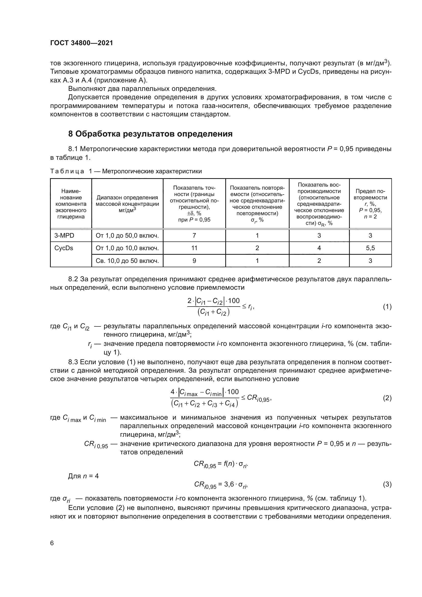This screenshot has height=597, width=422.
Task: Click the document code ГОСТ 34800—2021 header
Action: pyautogui.click(x=82, y=43)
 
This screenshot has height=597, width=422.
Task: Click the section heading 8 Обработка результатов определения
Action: pyautogui.click(x=150, y=134)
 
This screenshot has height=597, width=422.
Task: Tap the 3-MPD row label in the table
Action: pyautogui.click(x=64, y=236)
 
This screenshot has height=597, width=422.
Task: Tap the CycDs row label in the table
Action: pyautogui.click(x=64, y=248)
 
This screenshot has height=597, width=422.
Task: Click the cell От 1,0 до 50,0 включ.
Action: pyautogui.click(x=127, y=236)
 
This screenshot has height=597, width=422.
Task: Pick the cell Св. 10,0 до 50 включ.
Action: pyautogui.click(x=127, y=261)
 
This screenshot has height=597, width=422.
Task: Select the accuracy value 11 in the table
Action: pyautogui.click(x=194, y=248)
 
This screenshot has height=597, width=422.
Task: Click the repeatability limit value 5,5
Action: pyautogui.click(x=370, y=248)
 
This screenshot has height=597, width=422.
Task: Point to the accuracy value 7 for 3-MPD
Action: pyautogui.click(x=194, y=236)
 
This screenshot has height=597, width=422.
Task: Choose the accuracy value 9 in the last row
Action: pyautogui.click(x=194, y=261)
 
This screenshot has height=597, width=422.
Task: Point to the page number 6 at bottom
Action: pyautogui.click(x=52, y=543)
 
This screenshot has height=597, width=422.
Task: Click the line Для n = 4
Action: pyautogui.click(x=83, y=476)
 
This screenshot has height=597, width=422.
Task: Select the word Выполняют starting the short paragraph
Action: pyautogui.click(x=84, y=89)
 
